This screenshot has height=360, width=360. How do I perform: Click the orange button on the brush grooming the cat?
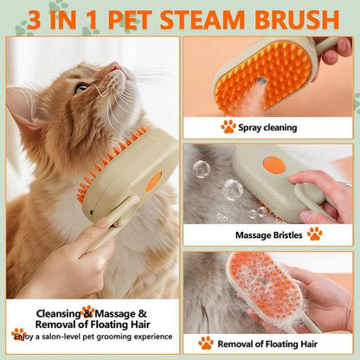[x=153, y=182]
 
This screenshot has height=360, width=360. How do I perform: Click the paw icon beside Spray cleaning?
[x=228, y=127]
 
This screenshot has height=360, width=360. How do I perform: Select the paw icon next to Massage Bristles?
[x=314, y=234]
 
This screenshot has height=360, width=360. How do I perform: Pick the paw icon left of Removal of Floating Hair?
[x=206, y=343]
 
